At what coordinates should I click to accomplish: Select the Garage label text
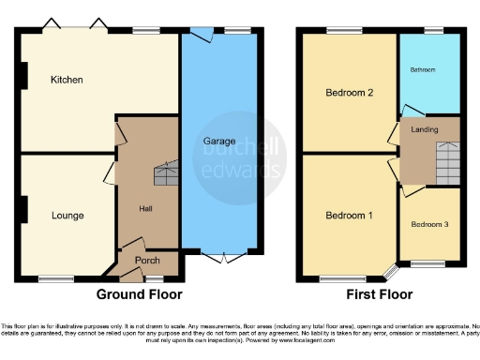click(219, 141)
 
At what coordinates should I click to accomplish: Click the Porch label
click(148, 260)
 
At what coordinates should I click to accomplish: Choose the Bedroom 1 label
click(349, 216)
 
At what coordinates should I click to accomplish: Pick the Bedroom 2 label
click(349, 93)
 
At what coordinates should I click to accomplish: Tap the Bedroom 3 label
click(429, 225)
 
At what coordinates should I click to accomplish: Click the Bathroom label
click(427, 69)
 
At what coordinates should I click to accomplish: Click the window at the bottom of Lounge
click(56, 278)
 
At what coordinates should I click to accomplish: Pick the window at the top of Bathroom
click(433, 31)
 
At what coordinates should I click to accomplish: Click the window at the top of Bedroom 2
click(341, 31)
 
